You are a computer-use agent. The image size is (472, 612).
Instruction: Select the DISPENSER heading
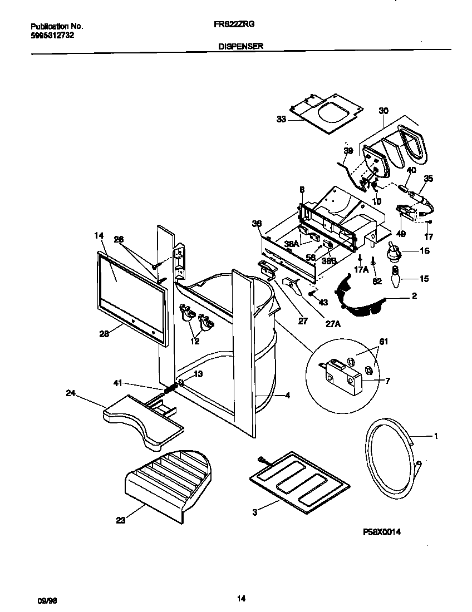(x=240, y=47)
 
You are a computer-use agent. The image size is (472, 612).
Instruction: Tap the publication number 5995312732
(x=52, y=34)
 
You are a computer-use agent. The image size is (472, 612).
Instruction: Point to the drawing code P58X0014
(x=382, y=532)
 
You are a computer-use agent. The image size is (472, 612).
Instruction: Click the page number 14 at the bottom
(x=240, y=599)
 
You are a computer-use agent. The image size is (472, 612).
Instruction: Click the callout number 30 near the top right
(x=383, y=110)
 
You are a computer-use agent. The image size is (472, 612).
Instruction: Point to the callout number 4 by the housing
(x=287, y=396)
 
